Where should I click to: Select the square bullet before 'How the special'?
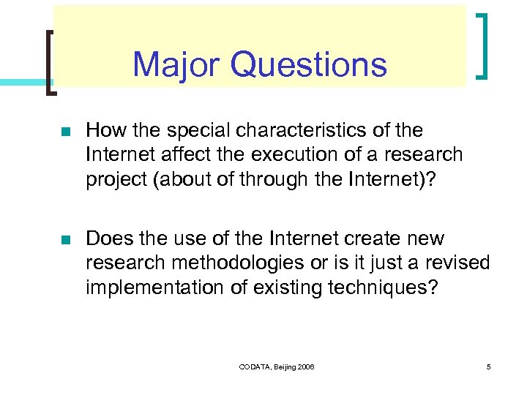pos(65,132)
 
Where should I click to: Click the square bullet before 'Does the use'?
pos(65,241)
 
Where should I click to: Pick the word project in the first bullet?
pos(111,180)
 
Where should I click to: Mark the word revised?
pos(457,263)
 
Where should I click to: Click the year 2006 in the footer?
pos(306,366)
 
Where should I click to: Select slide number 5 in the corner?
pos(488,366)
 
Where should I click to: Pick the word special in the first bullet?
pos(193,131)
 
